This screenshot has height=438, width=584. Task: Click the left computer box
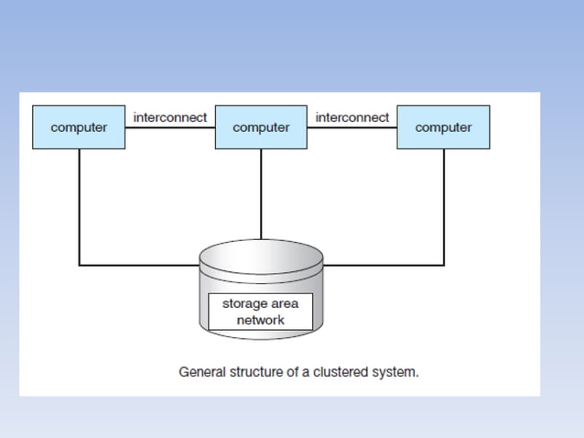pos(79,127)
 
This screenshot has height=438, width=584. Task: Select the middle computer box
pos(261,127)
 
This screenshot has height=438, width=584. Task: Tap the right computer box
pos(443,127)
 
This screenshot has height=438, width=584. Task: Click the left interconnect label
pos(170,117)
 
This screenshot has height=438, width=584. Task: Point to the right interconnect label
pos(352,117)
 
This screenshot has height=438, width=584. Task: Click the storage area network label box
pos(261,312)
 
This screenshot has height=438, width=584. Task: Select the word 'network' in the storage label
pos(261,321)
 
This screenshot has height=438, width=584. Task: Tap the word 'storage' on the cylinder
pos(245,302)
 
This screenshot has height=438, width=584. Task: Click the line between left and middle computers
pos(170,127)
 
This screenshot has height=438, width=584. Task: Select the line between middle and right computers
pos(352,127)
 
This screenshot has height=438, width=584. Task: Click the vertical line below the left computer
pos(79,206)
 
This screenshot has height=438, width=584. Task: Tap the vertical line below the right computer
pos(444,206)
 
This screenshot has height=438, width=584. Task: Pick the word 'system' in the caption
pos(397,373)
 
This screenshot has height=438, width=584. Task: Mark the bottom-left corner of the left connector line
pos(79,265)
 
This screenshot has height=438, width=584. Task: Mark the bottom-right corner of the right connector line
pos(444,265)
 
